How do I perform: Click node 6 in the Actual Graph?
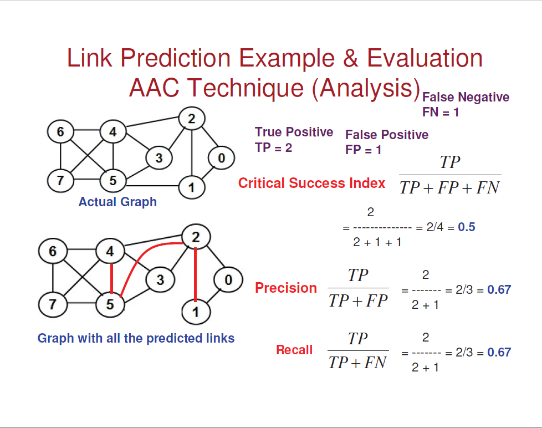60,132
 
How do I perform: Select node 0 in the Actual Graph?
221,159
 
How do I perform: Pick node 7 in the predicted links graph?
53,304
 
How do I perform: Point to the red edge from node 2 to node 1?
195,274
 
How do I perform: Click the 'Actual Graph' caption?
117,202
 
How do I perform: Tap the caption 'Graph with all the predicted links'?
136,338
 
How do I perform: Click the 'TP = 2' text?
273,148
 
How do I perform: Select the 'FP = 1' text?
363,150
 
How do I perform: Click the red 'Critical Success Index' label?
311,183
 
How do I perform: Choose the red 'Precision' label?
286,288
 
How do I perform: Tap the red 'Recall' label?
294,350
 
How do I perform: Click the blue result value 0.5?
467,227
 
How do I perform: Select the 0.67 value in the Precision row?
499,289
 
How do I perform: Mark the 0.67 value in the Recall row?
499,352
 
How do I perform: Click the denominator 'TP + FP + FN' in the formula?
449,188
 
